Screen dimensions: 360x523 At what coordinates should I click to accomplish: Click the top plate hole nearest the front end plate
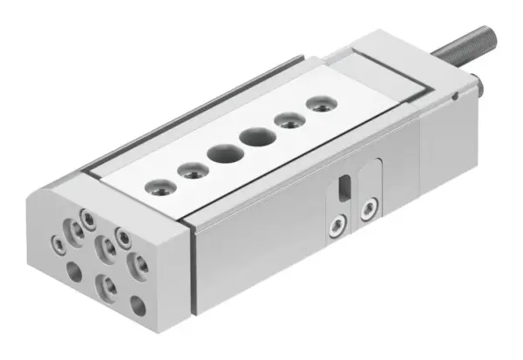pos(159,185)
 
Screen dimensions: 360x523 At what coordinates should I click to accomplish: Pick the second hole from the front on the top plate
pos(189,169)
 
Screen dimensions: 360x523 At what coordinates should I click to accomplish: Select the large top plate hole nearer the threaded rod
pos(256,136)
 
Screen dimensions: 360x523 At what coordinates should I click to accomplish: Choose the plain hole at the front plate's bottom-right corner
pos(138,304)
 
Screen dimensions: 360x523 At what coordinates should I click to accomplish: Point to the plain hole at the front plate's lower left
pos(75,273)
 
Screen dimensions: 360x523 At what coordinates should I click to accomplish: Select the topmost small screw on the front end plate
pos(88,215)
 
